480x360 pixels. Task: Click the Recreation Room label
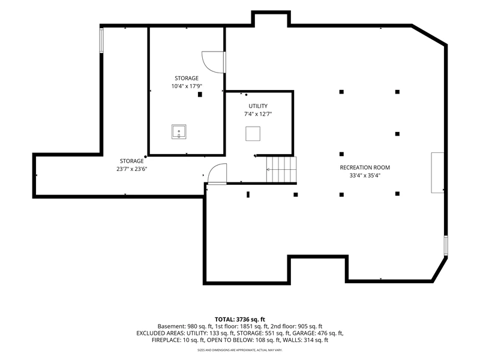(365, 167)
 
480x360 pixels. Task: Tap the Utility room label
(258, 106)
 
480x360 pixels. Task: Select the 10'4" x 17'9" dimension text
(187, 86)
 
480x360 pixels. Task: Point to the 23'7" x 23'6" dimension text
(131, 169)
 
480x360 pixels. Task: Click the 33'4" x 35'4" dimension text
(365, 176)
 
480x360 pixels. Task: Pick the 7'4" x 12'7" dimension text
(258, 114)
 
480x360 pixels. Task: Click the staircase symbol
(281, 169)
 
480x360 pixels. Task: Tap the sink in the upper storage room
(179, 132)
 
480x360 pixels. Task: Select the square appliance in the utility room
(253, 134)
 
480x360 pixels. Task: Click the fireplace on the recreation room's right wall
(437, 173)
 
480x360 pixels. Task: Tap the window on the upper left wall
(101, 40)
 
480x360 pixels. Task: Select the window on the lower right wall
(446, 245)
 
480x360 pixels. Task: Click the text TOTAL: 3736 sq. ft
(239, 320)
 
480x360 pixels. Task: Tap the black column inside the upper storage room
(200, 94)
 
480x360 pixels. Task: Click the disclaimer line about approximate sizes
(239, 350)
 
